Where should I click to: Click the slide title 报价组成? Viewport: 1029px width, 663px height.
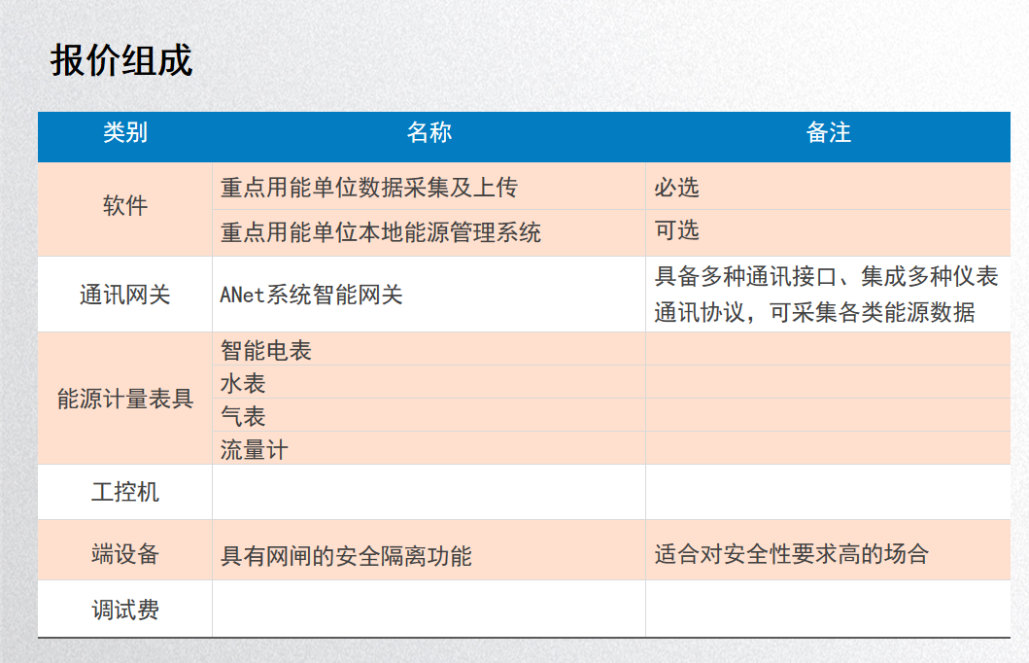pos(121,61)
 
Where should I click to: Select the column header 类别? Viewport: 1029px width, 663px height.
pos(125,132)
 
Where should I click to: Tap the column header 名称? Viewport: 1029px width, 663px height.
pos(429,132)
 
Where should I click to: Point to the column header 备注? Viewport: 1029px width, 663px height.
pos(828,132)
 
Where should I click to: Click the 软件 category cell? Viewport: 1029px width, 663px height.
pos(125,205)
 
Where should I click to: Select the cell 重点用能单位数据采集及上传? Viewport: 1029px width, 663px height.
pos(369,188)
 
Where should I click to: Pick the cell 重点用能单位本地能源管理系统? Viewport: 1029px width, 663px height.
pos(381,232)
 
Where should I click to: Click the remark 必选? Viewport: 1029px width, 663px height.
pos(676,188)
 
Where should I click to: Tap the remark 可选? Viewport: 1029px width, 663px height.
pos(676,230)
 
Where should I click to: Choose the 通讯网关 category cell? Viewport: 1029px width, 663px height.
pos(125,295)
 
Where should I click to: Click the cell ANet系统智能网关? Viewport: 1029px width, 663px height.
pos(311,295)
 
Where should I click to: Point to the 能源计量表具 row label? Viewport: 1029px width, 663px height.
pos(125,399)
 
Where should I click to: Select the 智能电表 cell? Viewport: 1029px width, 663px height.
pos(266,351)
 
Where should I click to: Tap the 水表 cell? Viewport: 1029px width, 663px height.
pos(243,383)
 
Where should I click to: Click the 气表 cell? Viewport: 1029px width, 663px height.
pos(243,416)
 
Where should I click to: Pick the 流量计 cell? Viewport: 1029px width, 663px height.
pos(254,450)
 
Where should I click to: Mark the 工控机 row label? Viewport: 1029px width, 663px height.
pos(125,492)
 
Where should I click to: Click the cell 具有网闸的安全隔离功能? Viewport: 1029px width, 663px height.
pos(346,556)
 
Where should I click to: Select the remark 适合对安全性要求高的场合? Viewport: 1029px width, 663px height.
pos(792,554)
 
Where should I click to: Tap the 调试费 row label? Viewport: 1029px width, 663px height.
pos(125,610)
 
